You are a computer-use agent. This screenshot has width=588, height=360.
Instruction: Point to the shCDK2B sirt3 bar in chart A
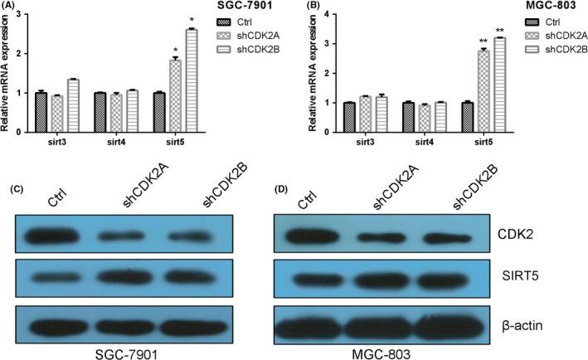[73, 105]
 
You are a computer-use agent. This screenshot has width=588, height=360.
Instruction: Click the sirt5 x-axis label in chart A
[174, 142]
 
